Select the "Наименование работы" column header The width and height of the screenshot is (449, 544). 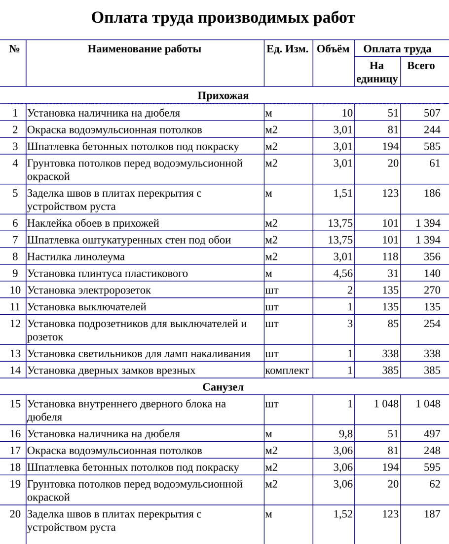[x=145, y=49]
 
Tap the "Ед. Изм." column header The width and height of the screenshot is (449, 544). [x=288, y=49]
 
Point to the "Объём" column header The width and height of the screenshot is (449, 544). [x=333, y=49]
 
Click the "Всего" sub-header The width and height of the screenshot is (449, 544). [x=420, y=65]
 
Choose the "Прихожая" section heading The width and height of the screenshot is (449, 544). [x=223, y=96]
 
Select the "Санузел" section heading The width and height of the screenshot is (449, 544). [x=223, y=387]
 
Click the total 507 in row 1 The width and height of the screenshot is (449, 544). [x=432, y=113]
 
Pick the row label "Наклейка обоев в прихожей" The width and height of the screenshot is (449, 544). [x=93, y=223]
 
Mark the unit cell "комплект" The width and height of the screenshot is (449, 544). [x=287, y=371]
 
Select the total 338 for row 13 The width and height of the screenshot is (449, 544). [x=432, y=354]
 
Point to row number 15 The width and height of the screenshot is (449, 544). [x=15, y=404]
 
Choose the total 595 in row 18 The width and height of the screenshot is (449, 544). [x=432, y=467]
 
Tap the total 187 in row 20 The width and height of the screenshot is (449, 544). [x=432, y=514]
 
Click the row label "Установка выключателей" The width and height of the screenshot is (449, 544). [x=87, y=307]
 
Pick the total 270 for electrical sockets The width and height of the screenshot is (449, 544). [x=432, y=290]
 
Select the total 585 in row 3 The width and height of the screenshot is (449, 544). [x=432, y=147]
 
